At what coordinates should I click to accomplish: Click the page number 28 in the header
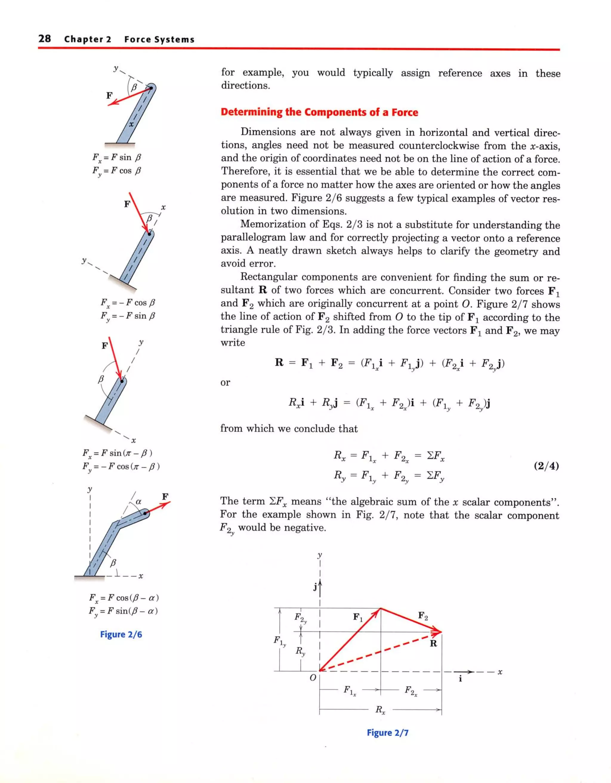[x=45, y=39]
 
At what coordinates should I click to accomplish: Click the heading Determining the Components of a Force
[x=319, y=112]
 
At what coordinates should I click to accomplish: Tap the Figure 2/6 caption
[x=121, y=634]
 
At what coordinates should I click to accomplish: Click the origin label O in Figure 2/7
[x=312, y=678]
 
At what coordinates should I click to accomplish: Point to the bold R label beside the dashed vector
[x=433, y=644]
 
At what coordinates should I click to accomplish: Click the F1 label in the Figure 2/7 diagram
[x=358, y=617]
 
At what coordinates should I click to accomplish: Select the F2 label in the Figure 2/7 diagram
[x=423, y=616]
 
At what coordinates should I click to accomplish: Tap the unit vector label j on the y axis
[x=315, y=587]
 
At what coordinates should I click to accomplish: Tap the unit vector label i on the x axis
[x=460, y=679]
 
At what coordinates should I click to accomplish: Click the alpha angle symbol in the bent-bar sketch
[x=139, y=502]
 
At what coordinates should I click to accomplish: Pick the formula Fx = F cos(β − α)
[x=124, y=598]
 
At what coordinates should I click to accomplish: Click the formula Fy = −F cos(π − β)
[x=121, y=467]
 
